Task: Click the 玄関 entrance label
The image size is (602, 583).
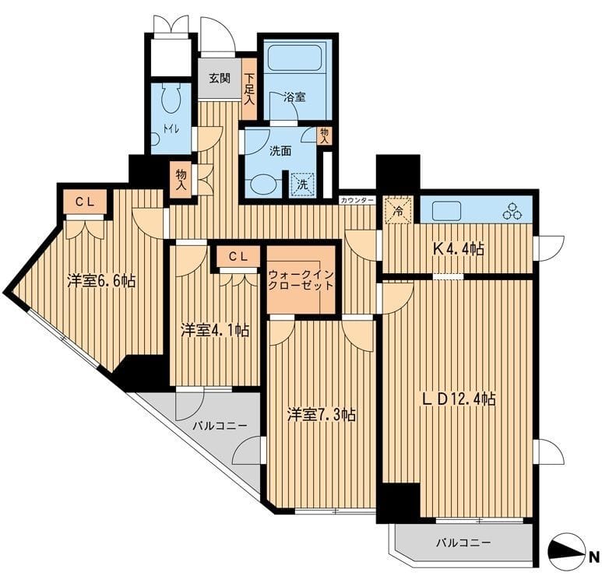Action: [220, 79]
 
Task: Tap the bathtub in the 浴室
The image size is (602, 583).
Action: [294, 58]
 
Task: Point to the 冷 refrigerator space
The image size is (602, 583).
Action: [400, 210]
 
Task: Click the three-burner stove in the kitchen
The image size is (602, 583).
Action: [512, 212]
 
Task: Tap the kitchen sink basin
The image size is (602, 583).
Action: [446, 211]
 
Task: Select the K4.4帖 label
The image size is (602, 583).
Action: [458, 250]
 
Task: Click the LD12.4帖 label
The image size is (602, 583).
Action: [459, 399]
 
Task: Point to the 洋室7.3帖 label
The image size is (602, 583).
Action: [322, 414]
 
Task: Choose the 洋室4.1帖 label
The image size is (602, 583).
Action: [215, 330]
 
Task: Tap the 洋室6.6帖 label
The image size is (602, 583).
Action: [101, 281]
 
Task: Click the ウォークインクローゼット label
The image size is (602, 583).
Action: [301, 280]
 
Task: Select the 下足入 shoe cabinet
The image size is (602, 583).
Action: [249, 88]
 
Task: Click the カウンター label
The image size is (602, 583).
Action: [357, 200]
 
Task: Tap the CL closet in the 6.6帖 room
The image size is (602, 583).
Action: [85, 202]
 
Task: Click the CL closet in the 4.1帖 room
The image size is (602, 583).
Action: [238, 257]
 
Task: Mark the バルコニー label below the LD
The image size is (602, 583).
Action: [463, 543]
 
